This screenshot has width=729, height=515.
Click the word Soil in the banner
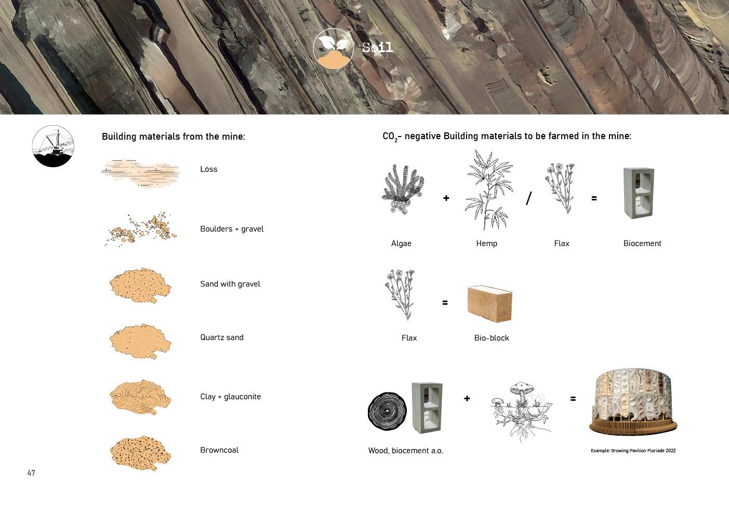point(378,47)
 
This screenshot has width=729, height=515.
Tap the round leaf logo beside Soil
point(333,49)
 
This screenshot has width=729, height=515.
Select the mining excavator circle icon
point(53,146)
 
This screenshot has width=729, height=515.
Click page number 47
point(31,473)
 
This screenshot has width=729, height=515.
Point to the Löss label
point(208,169)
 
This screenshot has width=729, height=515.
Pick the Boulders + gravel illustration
point(141,229)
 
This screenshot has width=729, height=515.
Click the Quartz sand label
point(222,337)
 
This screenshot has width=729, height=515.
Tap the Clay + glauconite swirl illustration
point(140,397)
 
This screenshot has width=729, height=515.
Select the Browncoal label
point(219,450)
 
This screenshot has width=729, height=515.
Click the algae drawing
point(403,189)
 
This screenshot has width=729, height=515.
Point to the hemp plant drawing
point(488,190)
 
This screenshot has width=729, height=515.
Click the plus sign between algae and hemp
point(446,198)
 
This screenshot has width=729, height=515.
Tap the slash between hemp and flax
point(529,198)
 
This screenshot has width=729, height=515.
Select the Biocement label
point(642,243)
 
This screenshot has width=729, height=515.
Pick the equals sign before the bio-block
point(445,303)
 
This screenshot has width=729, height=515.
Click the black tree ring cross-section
point(387,412)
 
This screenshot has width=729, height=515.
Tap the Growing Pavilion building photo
point(633,402)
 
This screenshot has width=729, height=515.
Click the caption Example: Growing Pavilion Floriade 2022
point(633,451)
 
